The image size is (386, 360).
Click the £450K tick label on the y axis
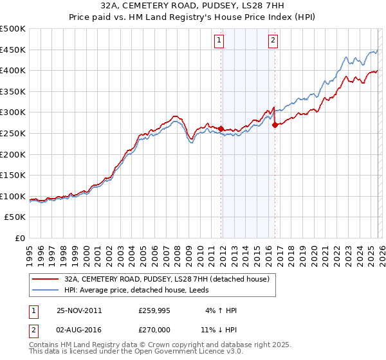13,50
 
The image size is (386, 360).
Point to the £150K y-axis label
13,175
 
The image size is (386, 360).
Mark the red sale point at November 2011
221,129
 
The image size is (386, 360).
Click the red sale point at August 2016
275,125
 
